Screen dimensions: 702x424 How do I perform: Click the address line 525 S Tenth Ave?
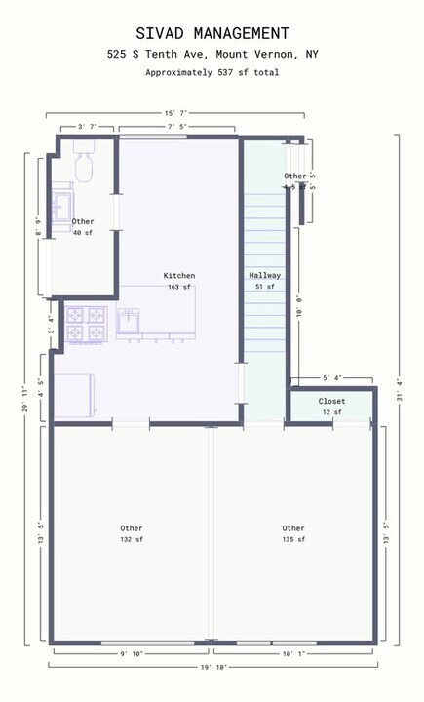tap(212, 56)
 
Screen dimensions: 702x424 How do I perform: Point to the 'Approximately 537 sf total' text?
tap(212, 72)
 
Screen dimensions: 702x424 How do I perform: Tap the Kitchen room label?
tap(178, 276)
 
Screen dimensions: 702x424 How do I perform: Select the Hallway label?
tap(263, 276)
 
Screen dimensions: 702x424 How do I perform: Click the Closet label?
tap(331, 401)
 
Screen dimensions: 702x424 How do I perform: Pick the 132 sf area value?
tap(132, 539)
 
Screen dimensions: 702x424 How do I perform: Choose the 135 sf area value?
tap(293, 539)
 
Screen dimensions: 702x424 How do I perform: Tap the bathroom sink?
tap(64, 206)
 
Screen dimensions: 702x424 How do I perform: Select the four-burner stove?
tap(85, 324)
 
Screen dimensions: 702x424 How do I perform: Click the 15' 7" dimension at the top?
tap(175, 113)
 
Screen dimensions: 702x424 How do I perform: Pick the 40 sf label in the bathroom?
tap(83, 233)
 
